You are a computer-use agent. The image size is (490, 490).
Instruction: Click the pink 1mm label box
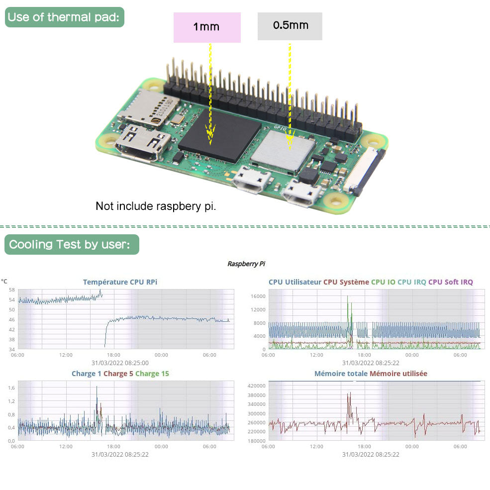pos(206,27)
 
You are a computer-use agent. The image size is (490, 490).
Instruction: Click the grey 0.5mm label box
pos(290,25)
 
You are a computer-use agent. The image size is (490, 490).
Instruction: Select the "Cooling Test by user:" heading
pos(72,244)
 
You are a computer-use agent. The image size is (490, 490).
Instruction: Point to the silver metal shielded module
pos(283,147)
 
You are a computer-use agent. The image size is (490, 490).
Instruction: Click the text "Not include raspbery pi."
pos(156,206)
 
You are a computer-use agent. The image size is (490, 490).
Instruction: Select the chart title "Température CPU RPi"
pos(120,282)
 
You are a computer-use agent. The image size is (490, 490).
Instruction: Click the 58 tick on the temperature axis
pos(11,290)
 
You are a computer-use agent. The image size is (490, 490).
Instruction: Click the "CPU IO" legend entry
pos(383,282)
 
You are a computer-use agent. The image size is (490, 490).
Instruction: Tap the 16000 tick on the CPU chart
pos(258,296)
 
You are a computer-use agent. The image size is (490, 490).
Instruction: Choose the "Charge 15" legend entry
pos(152,374)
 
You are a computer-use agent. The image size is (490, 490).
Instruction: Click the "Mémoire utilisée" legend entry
pos(398,374)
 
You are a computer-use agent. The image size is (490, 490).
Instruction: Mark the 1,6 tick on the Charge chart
pos(11,388)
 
